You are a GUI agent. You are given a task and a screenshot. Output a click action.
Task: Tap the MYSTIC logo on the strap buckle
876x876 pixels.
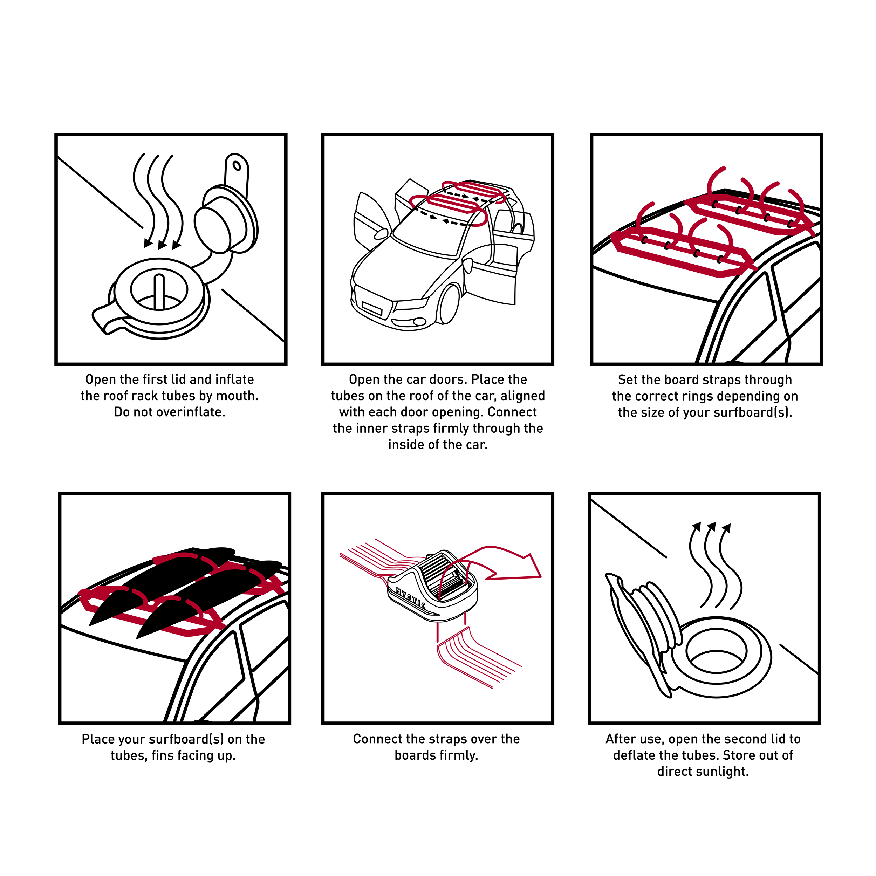[x=410, y=598]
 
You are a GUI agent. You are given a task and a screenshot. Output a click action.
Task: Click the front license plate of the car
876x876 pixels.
[x=372, y=308]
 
